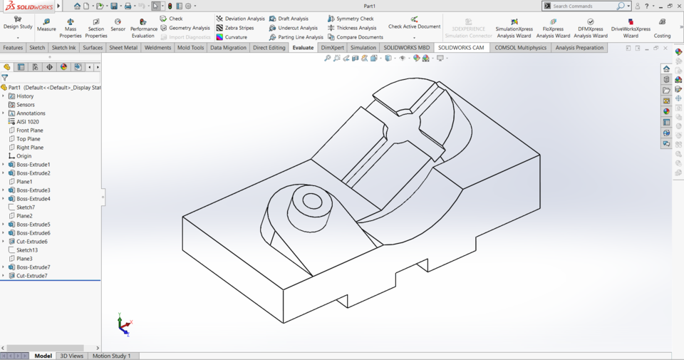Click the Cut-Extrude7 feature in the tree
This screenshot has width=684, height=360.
[x=32, y=276]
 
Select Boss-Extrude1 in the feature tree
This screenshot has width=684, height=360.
[x=33, y=165]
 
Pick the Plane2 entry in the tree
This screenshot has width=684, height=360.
[x=24, y=216]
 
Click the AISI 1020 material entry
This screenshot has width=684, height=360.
[x=28, y=122]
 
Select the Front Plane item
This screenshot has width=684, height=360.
[x=29, y=130]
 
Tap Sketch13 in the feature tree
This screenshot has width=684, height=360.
[x=27, y=250]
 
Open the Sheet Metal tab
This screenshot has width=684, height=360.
[x=123, y=48]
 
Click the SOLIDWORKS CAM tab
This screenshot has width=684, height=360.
[x=461, y=48]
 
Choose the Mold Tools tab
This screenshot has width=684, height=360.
[x=190, y=48]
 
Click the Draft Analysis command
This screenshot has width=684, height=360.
[x=293, y=19]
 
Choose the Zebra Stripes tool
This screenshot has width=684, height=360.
[x=239, y=28]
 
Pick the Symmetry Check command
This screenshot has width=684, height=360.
[x=354, y=19]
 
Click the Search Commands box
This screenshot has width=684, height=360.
[x=584, y=6]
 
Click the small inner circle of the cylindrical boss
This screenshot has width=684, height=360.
[x=312, y=200]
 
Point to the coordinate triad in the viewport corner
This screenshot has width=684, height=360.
[x=124, y=325]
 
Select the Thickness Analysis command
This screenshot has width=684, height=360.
[x=356, y=28]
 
